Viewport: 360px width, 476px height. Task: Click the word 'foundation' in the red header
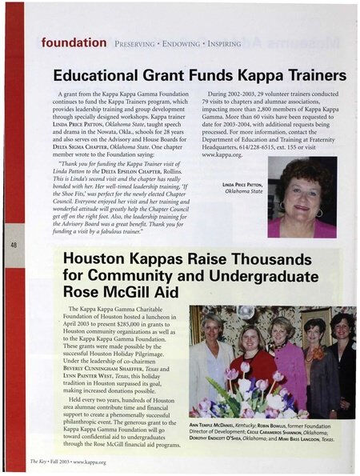74,41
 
